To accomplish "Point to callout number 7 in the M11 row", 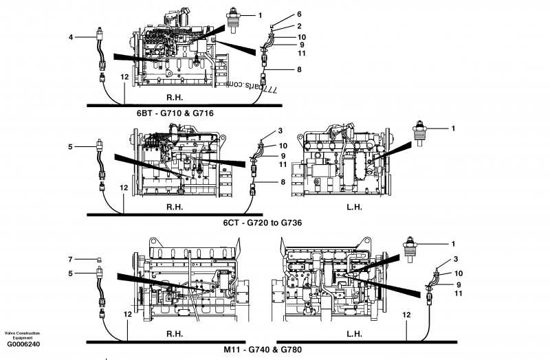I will tap(71, 260).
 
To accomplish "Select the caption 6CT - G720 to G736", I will tap(263, 223).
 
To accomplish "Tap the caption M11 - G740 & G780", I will tap(263, 349).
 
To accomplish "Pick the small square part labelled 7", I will tap(100, 260).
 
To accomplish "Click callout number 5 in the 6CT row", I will tap(71, 146).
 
